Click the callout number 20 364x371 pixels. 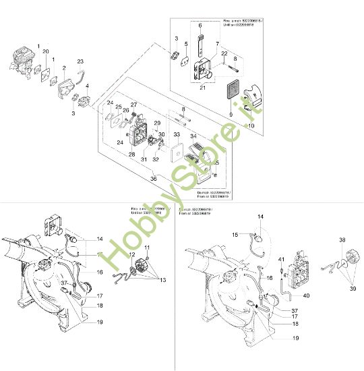[46, 52]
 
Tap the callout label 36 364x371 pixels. [154, 179]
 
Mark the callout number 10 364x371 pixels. [251, 126]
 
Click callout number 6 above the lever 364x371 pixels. [200, 26]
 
